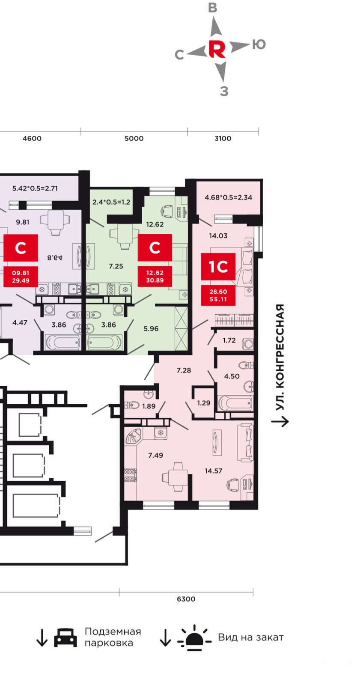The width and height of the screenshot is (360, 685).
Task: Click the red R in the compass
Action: [217, 49]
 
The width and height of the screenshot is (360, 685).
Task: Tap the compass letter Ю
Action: [259, 45]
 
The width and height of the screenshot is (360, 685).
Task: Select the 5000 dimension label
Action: [134, 138]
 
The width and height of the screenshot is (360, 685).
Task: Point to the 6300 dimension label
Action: [186, 599]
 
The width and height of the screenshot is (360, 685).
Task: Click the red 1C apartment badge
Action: [218, 266]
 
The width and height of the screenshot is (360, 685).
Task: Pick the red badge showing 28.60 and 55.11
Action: [218, 295]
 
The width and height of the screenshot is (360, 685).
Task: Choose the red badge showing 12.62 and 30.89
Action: [155, 277]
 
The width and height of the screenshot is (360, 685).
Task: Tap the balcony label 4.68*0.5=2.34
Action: [229, 197]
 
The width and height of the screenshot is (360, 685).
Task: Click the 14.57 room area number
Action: [214, 471]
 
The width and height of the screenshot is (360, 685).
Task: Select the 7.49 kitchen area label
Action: [155, 456]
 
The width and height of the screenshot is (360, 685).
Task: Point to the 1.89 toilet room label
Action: [149, 406]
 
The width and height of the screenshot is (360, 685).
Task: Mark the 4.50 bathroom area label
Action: [232, 376]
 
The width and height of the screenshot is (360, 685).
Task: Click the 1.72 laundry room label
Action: [229, 340]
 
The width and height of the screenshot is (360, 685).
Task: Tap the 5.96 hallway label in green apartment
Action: [151, 329]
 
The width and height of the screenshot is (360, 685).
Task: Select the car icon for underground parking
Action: [65, 638]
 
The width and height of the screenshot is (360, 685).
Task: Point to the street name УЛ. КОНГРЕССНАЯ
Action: [280, 357]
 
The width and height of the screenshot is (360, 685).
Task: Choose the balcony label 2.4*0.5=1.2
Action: [111, 202]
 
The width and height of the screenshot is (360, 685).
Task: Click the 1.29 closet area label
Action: [204, 403]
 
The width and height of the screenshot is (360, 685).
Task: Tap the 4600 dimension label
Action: [32, 138]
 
